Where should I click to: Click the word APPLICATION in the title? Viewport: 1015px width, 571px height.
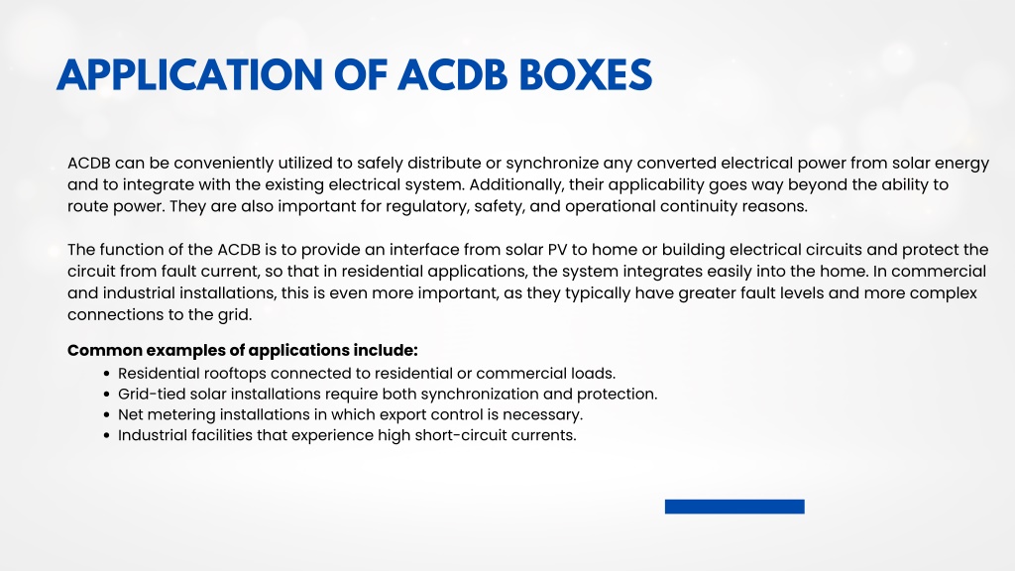189,75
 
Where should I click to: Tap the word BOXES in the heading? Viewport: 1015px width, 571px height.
586,75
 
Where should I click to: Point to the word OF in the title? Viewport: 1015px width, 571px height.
361,75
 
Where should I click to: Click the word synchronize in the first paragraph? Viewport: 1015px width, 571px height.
551,164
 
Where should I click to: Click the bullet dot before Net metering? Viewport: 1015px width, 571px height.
107,415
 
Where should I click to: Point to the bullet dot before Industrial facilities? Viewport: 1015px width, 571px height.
107,436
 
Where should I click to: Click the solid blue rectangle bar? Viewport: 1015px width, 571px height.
734,507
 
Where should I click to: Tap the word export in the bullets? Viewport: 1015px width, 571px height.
402,415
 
